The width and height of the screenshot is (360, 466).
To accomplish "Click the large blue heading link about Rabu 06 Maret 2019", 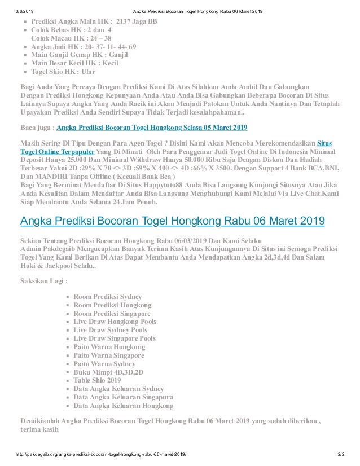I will (172, 221).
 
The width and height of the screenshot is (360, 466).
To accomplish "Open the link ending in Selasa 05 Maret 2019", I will (152, 127).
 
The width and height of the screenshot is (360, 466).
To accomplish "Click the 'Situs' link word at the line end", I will (324, 143).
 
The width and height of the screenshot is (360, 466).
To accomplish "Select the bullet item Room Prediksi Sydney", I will (107, 296).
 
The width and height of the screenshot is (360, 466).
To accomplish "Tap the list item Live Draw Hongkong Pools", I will (115, 322).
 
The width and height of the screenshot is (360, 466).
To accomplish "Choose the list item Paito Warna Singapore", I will (108, 355).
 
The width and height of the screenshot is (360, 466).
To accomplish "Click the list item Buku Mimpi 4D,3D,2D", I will (108, 372).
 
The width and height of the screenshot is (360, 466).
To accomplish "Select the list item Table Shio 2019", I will (97, 380).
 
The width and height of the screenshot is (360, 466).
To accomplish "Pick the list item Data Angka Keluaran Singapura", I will (122, 397).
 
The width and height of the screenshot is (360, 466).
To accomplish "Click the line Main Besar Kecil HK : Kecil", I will (74, 63).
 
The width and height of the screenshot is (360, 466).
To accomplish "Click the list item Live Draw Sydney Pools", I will (110, 330).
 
